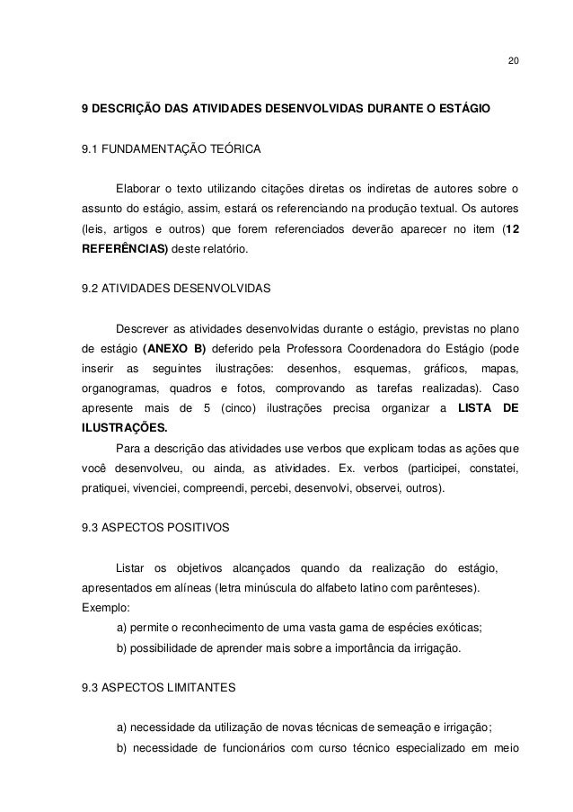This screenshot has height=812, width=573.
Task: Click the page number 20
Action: pos(512,62)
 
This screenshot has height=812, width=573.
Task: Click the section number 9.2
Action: pos(90,290)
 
